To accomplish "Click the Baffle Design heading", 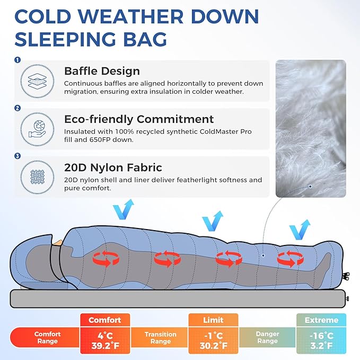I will click(102, 71).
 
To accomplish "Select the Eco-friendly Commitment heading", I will click(139, 119).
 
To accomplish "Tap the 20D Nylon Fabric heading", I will click(113, 168).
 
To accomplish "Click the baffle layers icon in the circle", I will click(38, 80).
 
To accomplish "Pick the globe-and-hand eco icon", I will click(38, 128).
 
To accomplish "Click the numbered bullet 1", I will click(18, 59).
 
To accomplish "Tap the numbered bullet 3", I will click(18, 156).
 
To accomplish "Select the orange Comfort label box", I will click(104, 320).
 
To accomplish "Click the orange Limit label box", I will click(213, 320).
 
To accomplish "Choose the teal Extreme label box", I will click(321, 320).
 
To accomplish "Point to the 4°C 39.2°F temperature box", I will click(104, 341).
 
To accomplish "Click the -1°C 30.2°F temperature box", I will click(213, 341).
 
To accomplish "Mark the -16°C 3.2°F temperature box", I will click(321, 341).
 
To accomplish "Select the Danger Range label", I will click(267, 338).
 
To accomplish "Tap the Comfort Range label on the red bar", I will click(47, 338).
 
